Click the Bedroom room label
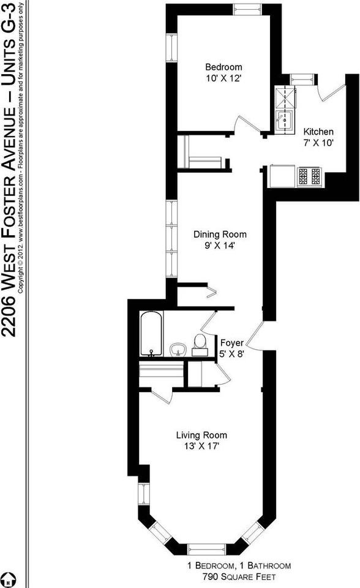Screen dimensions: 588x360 [x=223, y=67]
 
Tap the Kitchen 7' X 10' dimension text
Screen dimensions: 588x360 [x=319, y=143]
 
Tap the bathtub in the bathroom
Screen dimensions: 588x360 [x=151, y=334]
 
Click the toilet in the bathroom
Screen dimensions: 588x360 [x=199, y=345]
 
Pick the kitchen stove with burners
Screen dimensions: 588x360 [x=309, y=176]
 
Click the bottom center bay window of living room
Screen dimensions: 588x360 [x=206, y=548]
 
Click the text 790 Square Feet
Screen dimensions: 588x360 [x=239, y=576]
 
